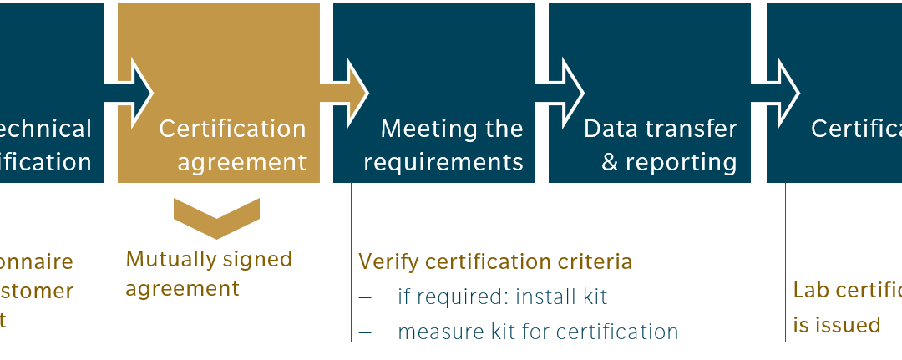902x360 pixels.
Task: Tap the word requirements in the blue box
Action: click(443, 162)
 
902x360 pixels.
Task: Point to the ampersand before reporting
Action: click(610, 162)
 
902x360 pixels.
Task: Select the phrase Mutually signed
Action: click(209, 259)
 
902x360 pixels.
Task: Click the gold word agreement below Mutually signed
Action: click(182, 289)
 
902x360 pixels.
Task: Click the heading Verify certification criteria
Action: click(494, 261)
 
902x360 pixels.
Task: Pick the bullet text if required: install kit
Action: click(502, 297)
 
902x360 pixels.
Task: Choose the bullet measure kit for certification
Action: click(537, 332)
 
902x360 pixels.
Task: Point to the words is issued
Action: click(836, 325)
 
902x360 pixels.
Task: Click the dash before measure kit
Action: click(365, 332)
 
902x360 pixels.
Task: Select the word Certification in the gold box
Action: click(232, 129)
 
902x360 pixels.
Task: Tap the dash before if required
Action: click(365, 297)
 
